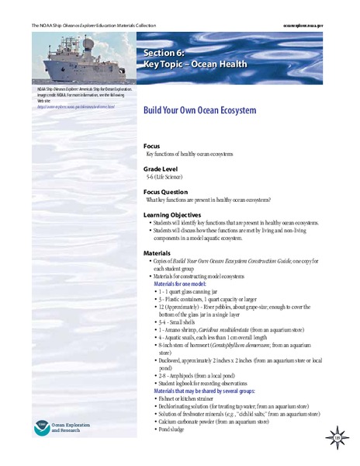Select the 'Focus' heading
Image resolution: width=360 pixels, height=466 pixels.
tap(152, 146)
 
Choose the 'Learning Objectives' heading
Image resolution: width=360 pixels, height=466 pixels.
tap(173, 214)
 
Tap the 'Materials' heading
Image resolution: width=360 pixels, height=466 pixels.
tap(157, 253)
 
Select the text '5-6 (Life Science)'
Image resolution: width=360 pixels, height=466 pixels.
tap(169, 177)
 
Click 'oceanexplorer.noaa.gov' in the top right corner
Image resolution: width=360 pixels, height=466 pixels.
tap(321, 26)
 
